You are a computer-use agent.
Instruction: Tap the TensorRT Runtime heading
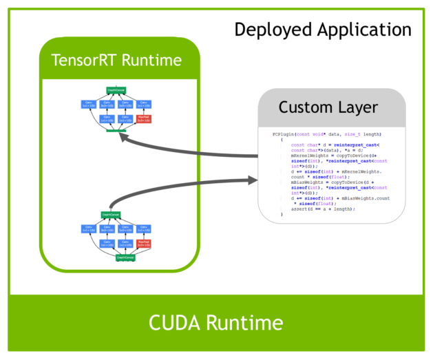(116, 60)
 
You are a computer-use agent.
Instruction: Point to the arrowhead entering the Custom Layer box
(252, 180)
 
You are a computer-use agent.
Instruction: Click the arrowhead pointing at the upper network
(123, 136)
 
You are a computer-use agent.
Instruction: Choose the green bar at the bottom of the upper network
(115, 130)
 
